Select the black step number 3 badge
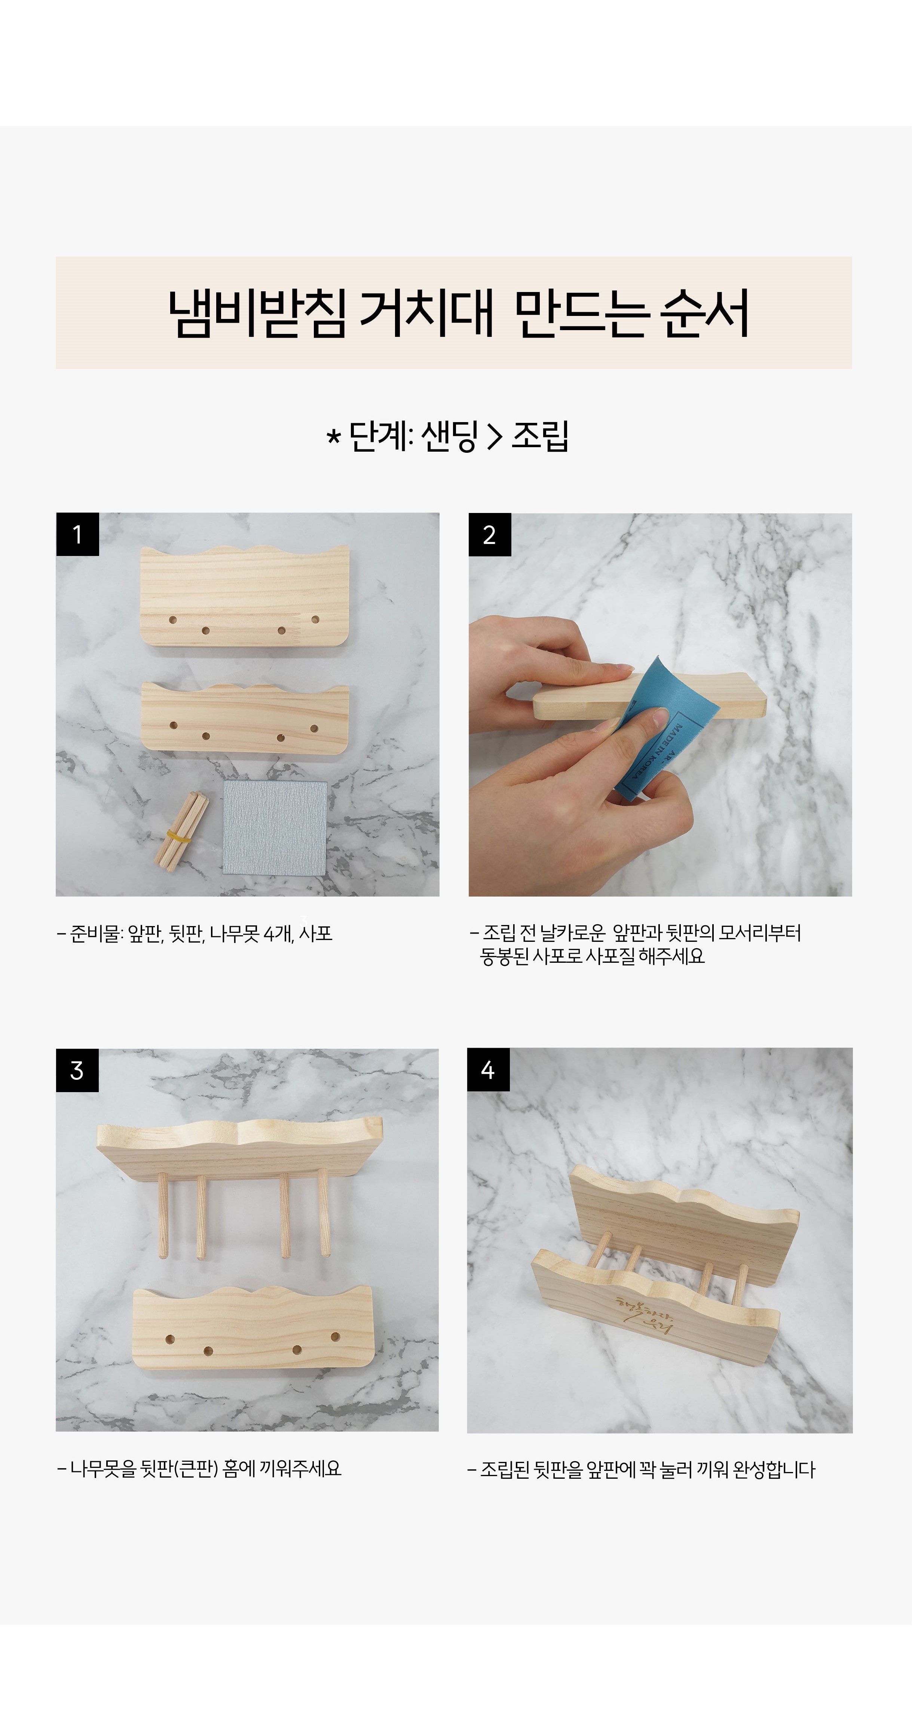coord(77,1070)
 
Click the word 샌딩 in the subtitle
coord(449,436)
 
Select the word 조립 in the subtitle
coord(540,436)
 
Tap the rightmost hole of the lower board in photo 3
coord(336,1337)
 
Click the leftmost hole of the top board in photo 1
coord(173,620)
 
